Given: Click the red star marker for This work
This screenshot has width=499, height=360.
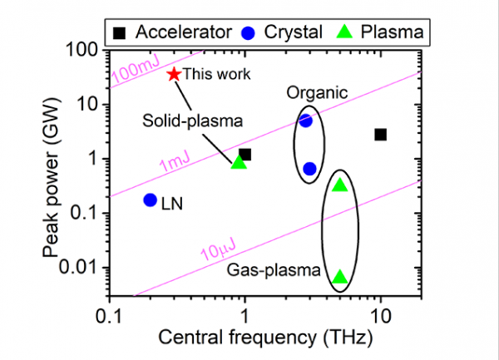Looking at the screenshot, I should (174, 74).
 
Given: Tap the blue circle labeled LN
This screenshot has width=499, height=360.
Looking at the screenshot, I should (151, 200).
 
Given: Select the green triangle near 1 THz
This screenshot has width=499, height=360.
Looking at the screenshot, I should (240, 162).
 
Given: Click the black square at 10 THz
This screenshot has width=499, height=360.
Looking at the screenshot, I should (380, 135).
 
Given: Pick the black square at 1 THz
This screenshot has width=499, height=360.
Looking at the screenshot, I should (245, 154).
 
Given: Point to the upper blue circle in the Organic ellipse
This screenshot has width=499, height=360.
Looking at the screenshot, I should (305, 121).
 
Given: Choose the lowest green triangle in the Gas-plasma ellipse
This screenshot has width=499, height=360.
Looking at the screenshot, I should (339, 277).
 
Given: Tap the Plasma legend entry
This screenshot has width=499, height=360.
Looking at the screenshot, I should (383, 32).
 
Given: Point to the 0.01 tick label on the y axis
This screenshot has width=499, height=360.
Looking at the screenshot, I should (82, 268).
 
